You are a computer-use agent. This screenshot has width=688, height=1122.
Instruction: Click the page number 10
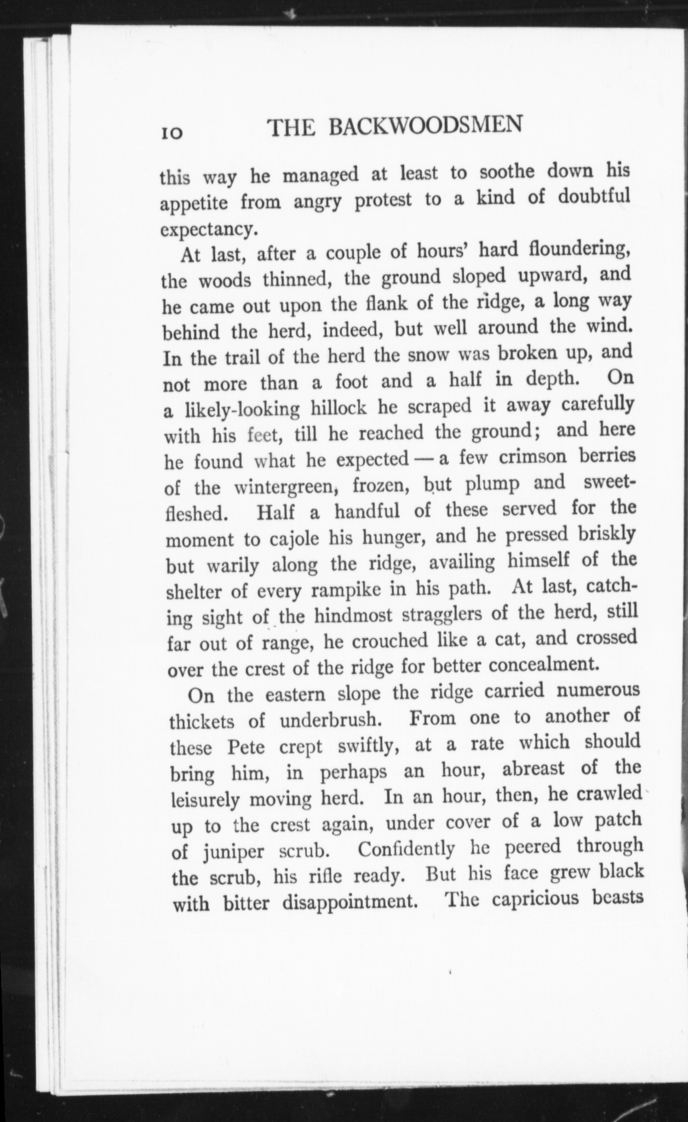tap(173, 133)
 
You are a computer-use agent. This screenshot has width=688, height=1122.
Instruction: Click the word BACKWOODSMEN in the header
tap(425, 127)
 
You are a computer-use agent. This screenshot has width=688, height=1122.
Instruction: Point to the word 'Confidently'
tap(405, 849)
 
